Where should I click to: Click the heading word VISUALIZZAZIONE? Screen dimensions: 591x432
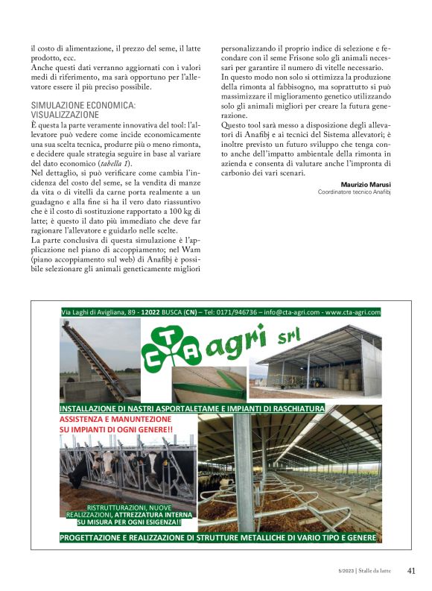(x=65, y=116)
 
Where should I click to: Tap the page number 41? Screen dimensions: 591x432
(x=411, y=572)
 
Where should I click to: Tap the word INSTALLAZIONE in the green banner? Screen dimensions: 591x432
(x=94, y=409)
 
